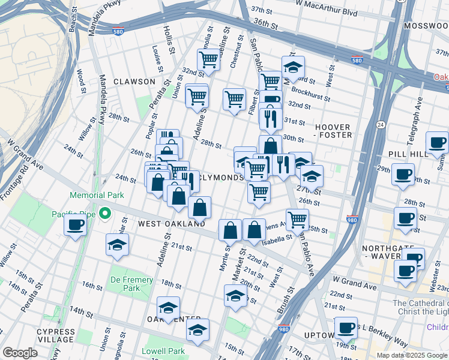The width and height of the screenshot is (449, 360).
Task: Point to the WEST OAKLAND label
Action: tap(172, 223)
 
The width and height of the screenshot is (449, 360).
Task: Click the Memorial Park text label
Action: tap(97, 195)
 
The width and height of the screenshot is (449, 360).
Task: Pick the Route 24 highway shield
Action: tap(381, 124)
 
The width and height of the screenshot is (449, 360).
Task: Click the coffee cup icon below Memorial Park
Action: tap(76, 224)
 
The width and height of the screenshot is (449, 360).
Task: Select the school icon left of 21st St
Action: tap(117, 244)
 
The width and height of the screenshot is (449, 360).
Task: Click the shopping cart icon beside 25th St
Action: tap(297, 220)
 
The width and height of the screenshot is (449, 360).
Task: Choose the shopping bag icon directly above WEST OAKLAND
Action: tap(199, 208)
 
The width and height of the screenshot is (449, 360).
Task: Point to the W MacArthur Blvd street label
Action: tap(327, 13)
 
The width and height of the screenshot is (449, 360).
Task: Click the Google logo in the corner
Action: tap(20, 353)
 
